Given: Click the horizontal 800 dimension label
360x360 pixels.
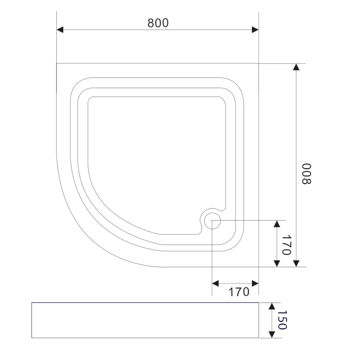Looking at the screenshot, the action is point(158,23).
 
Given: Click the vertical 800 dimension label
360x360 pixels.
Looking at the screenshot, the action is point(306,174).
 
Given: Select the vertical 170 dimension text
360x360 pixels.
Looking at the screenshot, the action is point(287,245).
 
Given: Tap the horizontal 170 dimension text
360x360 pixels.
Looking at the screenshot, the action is point(239,292).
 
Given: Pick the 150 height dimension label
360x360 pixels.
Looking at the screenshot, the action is point(282,320).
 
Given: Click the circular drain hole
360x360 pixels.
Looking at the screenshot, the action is point(212,221).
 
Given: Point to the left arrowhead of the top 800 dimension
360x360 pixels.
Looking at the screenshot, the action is point(60,30).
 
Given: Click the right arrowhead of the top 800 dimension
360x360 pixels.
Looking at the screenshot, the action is point(255,30).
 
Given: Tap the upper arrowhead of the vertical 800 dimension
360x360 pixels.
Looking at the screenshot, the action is point(296,67).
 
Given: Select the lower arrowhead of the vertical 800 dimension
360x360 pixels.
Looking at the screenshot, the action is point(296,264).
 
